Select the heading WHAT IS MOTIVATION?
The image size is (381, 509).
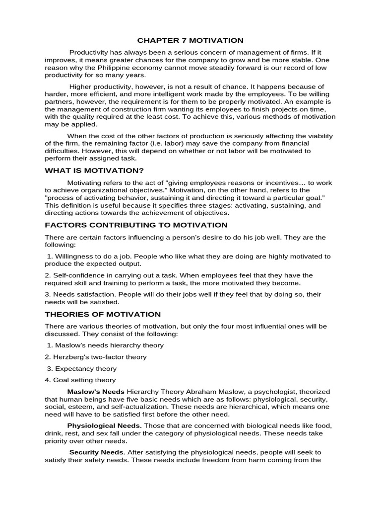click(x=87, y=170)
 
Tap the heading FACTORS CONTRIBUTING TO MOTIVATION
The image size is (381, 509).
click(x=129, y=225)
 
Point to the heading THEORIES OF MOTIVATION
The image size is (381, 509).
click(x=103, y=314)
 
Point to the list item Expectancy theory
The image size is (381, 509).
click(x=86, y=368)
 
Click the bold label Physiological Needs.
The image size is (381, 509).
click(x=105, y=426)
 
